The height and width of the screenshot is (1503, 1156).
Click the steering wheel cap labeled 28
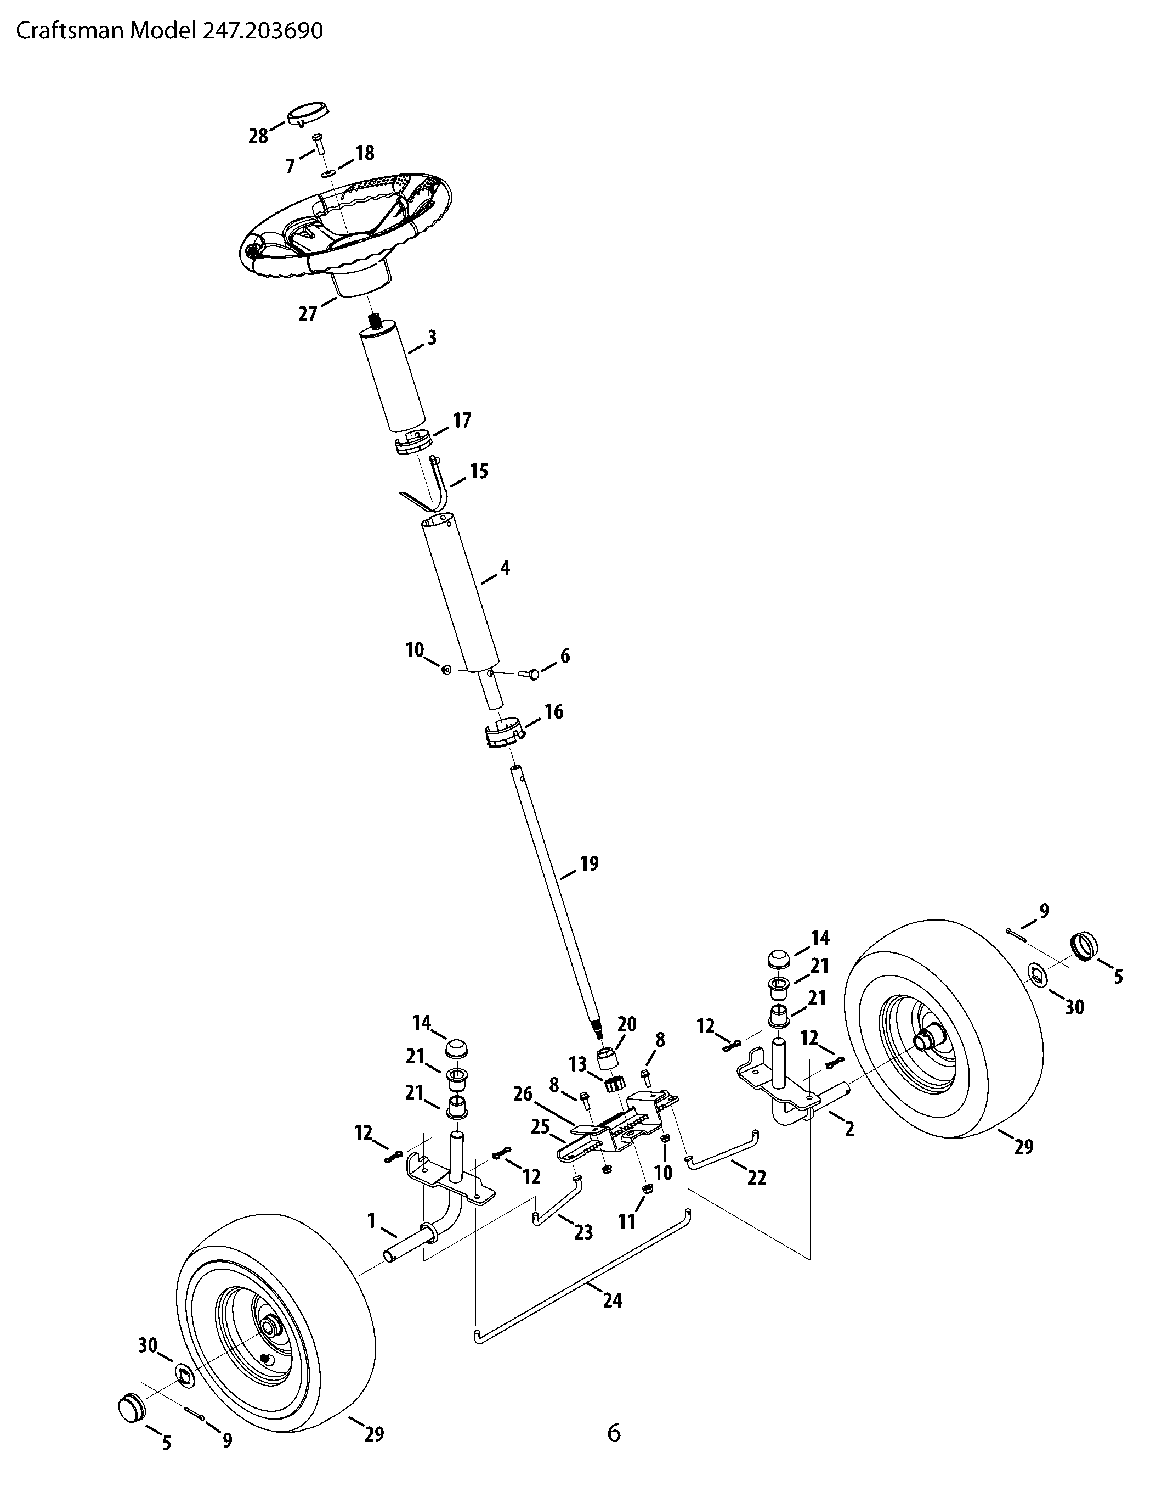click(x=308, y=114)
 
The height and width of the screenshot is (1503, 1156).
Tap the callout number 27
click(x=308, y=314)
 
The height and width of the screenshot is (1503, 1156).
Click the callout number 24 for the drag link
click(x=612, y=1300)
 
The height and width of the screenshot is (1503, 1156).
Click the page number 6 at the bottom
click(x=614, y=1432)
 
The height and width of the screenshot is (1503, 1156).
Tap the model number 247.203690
click(x=262, y=32)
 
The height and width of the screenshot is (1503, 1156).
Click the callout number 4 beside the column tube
click(x=506, y=569)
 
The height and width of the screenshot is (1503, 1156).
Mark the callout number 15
click(x=479, y=472)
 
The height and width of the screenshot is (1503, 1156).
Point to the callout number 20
click(x=627, y=1023)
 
